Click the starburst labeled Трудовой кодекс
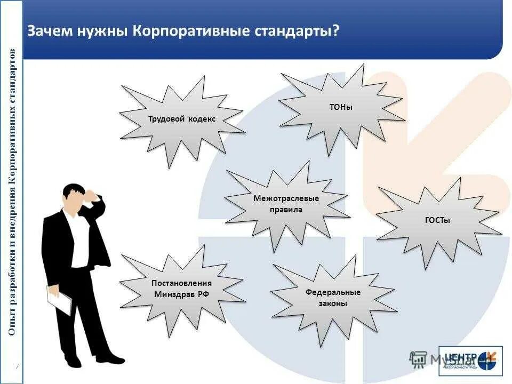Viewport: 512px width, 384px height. coord(181,119)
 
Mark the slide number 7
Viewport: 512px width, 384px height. coord(17,366)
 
